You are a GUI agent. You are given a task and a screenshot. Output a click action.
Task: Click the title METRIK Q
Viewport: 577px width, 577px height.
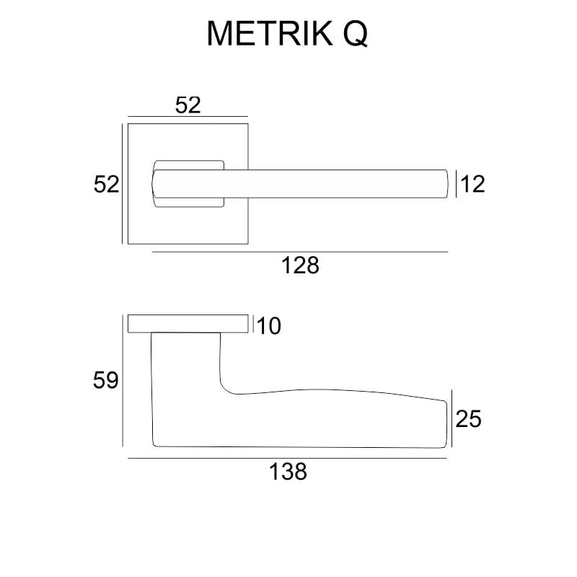(x=287, y=33)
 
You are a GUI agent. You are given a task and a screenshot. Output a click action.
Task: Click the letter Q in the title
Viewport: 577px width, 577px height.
(x=354, y=33)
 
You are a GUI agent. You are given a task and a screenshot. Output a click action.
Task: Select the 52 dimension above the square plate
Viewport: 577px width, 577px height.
(x=188, y=105)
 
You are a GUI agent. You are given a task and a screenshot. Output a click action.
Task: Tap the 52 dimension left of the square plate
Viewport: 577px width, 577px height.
(x=106, y=185)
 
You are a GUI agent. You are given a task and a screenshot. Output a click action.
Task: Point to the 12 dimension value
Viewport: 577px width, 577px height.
(x=473, y=185)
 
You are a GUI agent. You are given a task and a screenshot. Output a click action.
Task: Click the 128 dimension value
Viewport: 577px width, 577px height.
(x=300, y=266)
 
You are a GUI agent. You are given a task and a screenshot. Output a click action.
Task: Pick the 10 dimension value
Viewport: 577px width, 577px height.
(x=268, y=327)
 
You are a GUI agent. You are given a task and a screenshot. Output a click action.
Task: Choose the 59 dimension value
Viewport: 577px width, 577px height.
(x=106, y=380)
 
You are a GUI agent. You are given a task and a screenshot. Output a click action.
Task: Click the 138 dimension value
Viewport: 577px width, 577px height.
(x=288, y=472)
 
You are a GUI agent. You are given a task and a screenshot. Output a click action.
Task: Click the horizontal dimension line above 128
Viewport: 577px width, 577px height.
(x=300, y=252)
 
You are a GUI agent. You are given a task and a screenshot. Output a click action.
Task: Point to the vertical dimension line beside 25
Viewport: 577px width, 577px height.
(x=452, y=418)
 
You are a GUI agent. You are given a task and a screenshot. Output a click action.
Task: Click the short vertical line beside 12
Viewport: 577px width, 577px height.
(x=457, y=184)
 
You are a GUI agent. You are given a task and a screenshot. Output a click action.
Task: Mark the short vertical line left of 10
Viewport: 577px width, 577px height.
(x=253, y=324)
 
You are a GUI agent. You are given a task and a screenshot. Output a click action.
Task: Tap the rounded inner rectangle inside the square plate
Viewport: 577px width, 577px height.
(x=189, y=163)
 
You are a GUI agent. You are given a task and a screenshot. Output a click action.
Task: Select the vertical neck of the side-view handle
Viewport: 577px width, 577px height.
(x=186, y=361)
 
